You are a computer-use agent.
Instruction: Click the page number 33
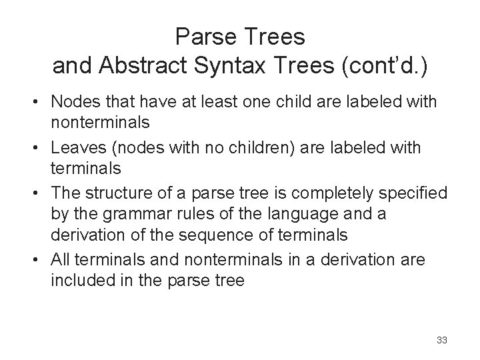click(x=441, y=340)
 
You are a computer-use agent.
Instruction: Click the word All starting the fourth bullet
click(x=61, y=259)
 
